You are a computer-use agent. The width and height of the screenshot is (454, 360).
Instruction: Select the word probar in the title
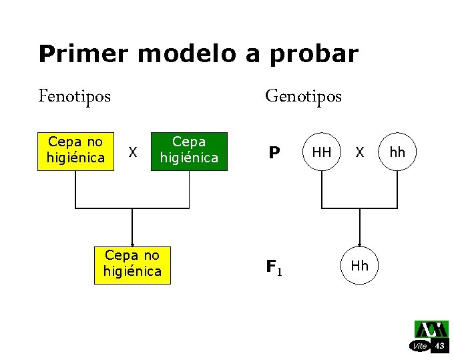tap(314, 54)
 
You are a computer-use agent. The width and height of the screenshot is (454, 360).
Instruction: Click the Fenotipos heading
tap(75, 96)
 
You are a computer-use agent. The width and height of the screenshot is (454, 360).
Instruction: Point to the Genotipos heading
tap(303, 96)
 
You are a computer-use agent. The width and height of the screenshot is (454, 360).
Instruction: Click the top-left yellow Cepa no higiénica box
tap(75, 150)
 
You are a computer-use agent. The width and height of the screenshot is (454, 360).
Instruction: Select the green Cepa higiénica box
tap(189, 151)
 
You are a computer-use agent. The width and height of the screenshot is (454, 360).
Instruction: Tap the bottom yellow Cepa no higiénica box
tap(132, 264)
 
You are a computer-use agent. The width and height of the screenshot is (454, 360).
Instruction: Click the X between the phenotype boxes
tap(133, 153)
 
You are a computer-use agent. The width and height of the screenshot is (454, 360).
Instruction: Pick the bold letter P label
tap(274, 154)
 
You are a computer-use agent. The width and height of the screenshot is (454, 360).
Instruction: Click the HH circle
tap(322, 153)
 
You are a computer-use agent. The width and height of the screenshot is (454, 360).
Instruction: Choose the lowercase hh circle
tap(397, 153)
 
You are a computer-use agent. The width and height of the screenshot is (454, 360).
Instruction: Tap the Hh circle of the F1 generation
tap(359, 266)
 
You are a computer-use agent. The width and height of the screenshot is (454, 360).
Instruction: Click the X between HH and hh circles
tap(360, 153)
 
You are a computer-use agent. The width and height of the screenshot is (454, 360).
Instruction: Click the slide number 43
tap(439, 345)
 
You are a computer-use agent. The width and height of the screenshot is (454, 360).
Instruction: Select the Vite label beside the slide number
tap(420, 346)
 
